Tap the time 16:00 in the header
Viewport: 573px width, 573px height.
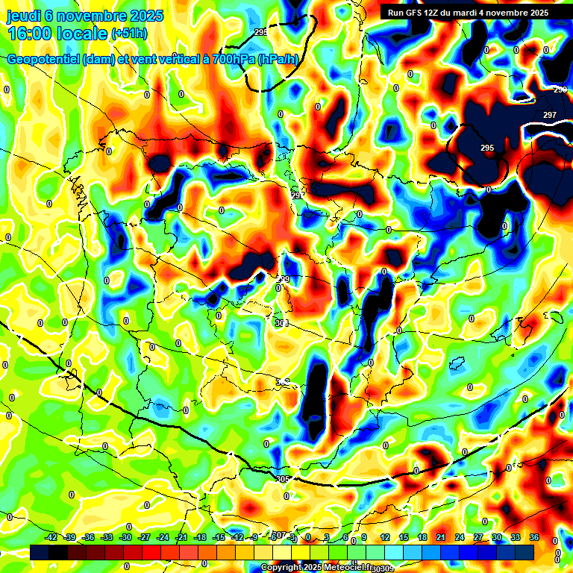click(x=31, y=34)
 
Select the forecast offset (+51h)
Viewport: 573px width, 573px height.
click(x=128, y=34)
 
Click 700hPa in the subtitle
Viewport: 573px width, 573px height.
click(x=231, y=60)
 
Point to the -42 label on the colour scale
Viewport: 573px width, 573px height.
click(x=51, y=537)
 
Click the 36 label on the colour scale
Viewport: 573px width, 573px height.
click(x=534, y=537)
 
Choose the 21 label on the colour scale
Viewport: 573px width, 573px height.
click(x=441, y=537)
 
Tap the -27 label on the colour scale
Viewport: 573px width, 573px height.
click(x=145, y=537)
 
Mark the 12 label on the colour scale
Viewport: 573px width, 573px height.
click(x=385, y=537)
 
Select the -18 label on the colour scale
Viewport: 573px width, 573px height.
click(x=201, y=537)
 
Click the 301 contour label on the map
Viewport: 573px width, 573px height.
click(x=281, y=323)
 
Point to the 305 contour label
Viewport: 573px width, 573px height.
click(x=282, y=479)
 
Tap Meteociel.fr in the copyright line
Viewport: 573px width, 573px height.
click(x=350, y=568)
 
